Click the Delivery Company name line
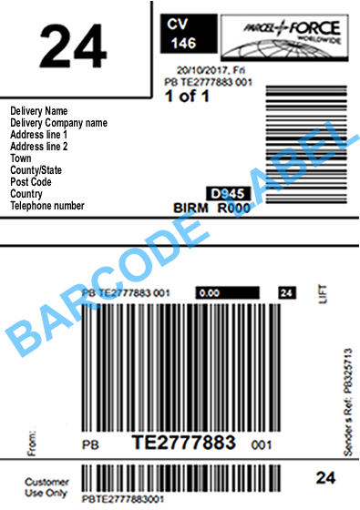58,123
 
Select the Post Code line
32,182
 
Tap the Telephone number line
46,206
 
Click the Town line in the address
21,158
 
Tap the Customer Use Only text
46,487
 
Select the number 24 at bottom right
324,477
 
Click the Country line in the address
26,194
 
